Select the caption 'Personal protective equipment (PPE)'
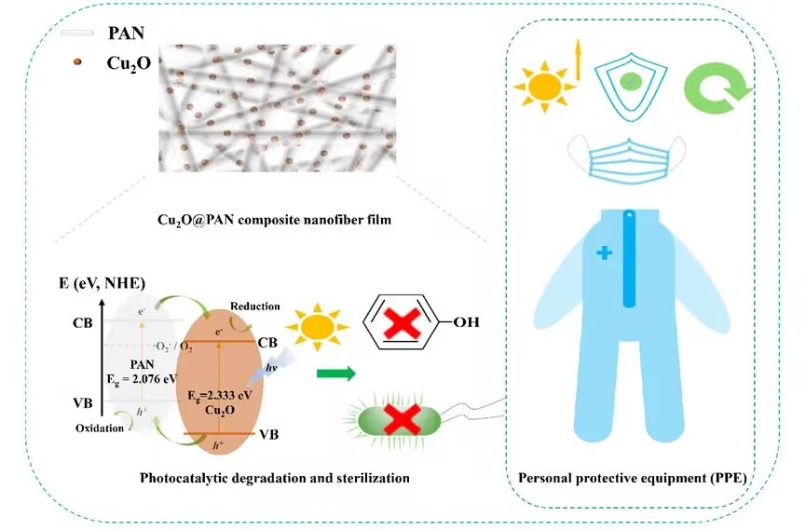637,480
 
